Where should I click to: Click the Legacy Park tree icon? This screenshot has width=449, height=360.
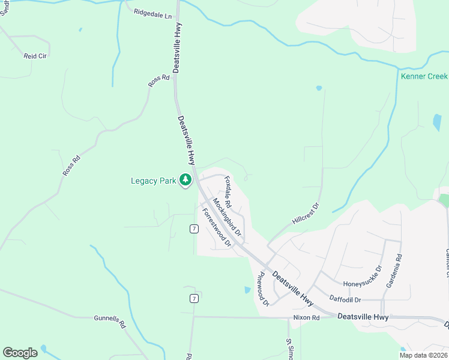pyautogui.click(x=186, y=180)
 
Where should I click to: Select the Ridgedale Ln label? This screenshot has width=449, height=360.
pyautogui.click(x=152, y=12)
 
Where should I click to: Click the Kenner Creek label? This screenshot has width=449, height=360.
pyautogui.click(x=424, y=76)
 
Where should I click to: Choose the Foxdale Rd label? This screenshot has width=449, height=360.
pyautogui.click(x=228, y=188)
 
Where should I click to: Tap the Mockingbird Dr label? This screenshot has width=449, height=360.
pyautogui.click(x=227, y=216)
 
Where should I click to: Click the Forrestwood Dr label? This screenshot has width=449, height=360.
pyautogui.click(x=217, y=227)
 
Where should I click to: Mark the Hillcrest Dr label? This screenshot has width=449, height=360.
pyautogui.click(x=306, y=214)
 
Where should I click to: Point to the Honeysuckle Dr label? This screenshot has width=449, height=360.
pyautogui.click(x=362, y=283)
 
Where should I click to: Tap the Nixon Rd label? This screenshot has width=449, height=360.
pyautogui.click(x=306, y=317)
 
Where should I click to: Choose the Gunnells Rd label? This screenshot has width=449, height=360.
pyautogui.click(x=110, y=321)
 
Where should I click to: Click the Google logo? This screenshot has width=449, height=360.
pyautogui.click(x=20, y=353)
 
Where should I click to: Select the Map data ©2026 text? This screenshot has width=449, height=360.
pyautogui.click(x=423, y=355)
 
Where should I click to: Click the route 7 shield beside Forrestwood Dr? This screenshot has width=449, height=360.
pyautogui.click(x=194, y=229)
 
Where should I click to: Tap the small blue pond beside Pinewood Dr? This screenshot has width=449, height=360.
pyautogui.click(x=248, y=290)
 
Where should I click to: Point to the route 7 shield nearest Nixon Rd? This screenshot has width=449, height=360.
pyautogui.click(x=194, y=299)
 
